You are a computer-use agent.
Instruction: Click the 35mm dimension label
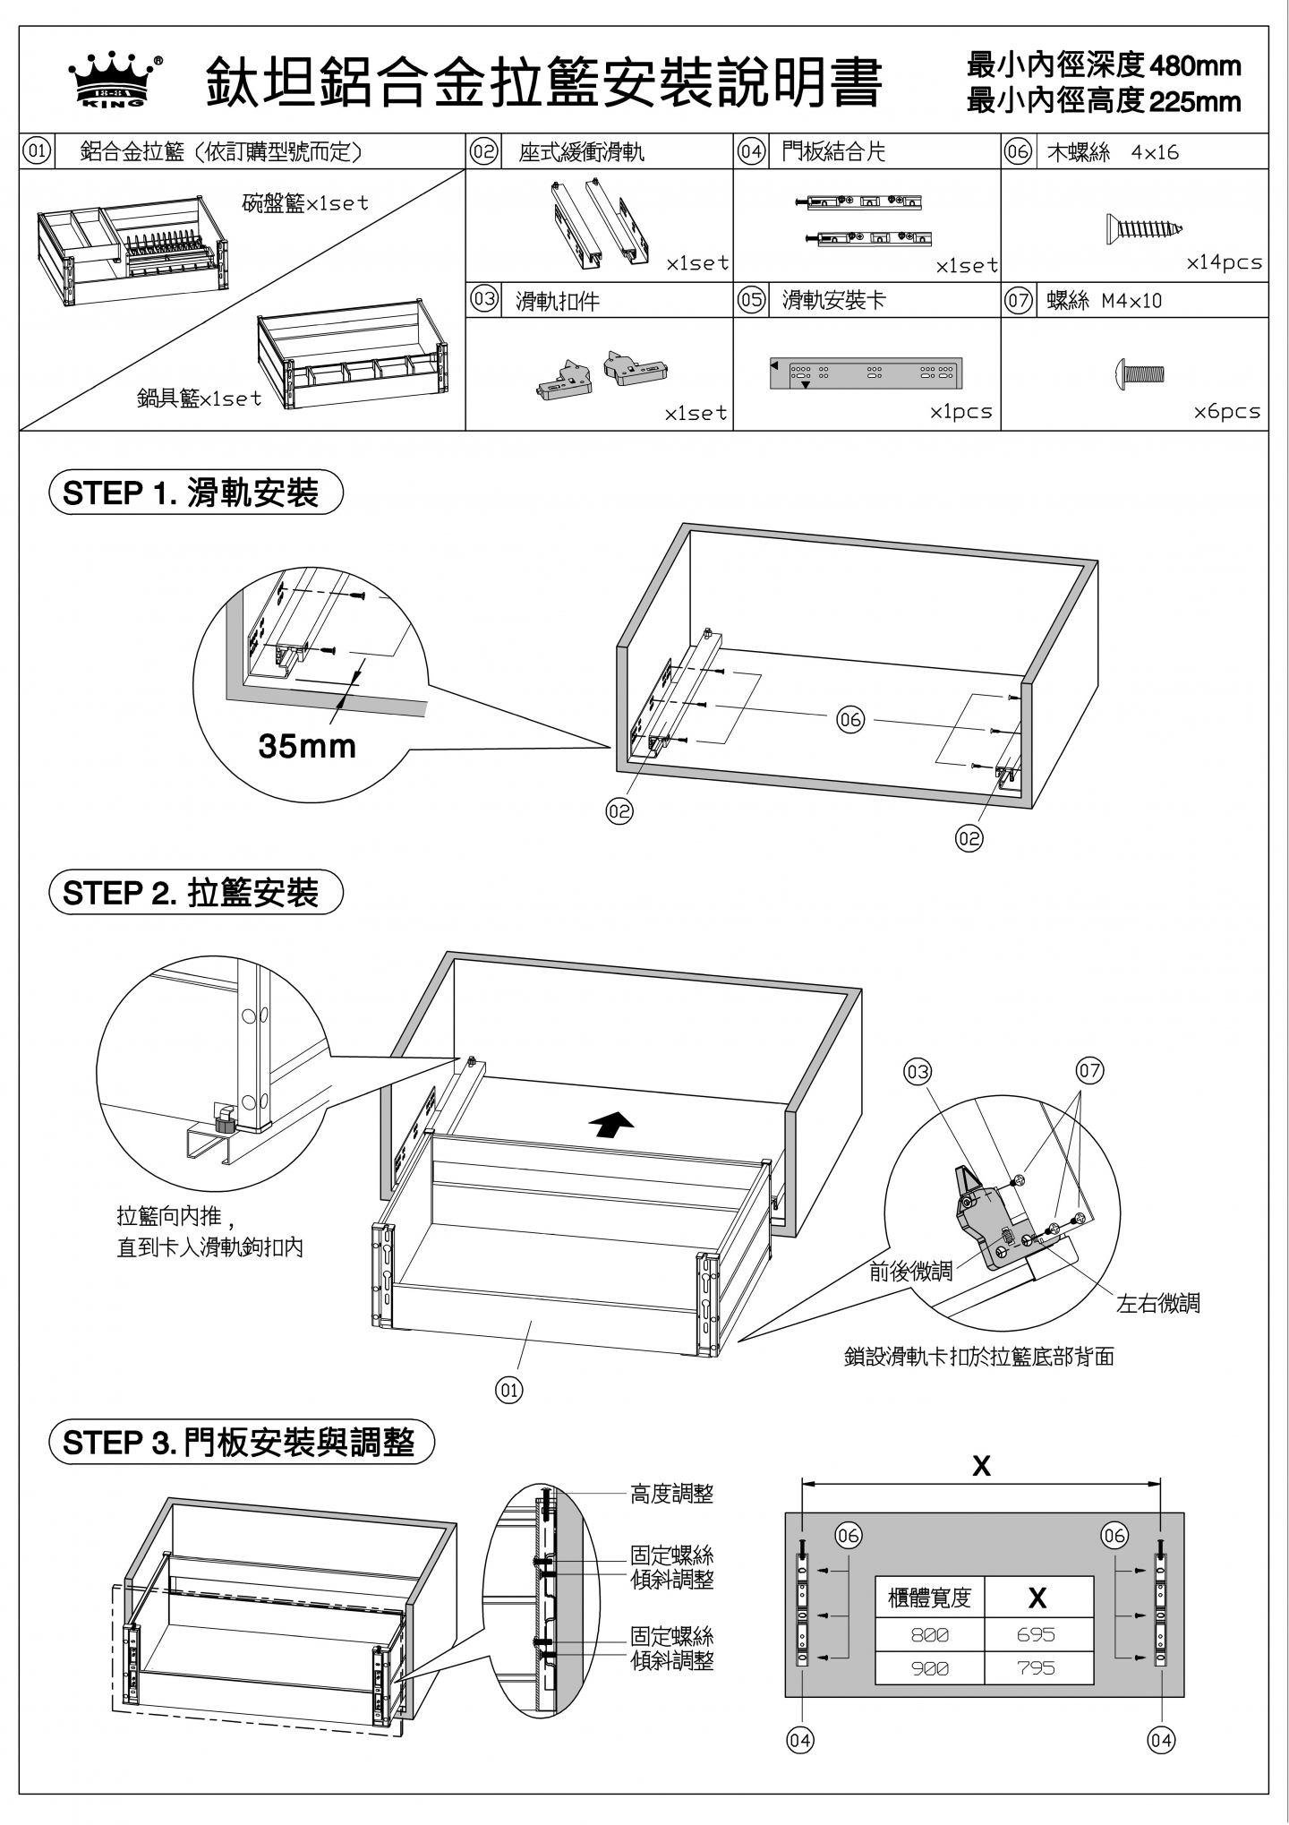307,745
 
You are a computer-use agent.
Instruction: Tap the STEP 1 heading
195,493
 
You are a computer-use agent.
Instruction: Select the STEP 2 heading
195,893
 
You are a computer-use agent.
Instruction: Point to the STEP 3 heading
240,1443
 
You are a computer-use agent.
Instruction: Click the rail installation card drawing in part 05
866,374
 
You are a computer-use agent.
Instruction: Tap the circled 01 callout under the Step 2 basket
509,1390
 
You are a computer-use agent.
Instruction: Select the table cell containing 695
1037,1634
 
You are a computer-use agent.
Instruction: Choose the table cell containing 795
1037,1668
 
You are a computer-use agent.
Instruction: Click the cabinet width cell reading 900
929,1668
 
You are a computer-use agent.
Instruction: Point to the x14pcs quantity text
1224,263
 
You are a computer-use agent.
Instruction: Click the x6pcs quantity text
1226,412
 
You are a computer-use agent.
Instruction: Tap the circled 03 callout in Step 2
918,1072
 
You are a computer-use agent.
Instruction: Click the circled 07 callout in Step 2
1089,1070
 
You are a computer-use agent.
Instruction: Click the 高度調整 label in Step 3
672,1494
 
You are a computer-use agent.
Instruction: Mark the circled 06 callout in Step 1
850,719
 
